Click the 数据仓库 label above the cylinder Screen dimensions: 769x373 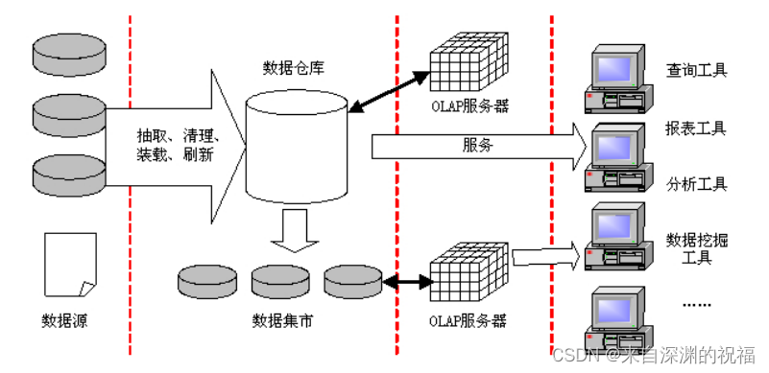click(x=294, y=69)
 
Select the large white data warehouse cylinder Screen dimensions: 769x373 click(x=297, y=146)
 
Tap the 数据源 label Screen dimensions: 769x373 click(x=63, y=320)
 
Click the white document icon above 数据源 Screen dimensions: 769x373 click(x=70, y=265)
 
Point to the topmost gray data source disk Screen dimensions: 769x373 click(x=69, y=55)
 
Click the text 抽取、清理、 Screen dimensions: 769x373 click(x=180, y=136)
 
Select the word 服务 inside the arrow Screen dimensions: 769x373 click(x=477, y=146)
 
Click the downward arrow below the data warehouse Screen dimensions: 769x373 click(x=295, y=230)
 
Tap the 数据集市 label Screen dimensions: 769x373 click(x=282, y=320)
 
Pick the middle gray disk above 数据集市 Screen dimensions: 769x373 click(x=279, y=281)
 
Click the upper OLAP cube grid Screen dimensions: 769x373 click(x=469, y=61)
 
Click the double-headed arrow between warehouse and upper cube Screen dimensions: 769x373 click(x=389, y=92)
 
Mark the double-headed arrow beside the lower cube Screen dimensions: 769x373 click(x=408, y=282)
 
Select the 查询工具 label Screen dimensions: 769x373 click(x=696, y=70)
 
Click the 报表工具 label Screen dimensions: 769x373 click(x=696, y=128)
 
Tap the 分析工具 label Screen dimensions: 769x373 click(x=696, y=184)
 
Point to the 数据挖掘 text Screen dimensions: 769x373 click(x=696, y=241)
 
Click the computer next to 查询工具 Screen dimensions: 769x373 click(x=618, y=79)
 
